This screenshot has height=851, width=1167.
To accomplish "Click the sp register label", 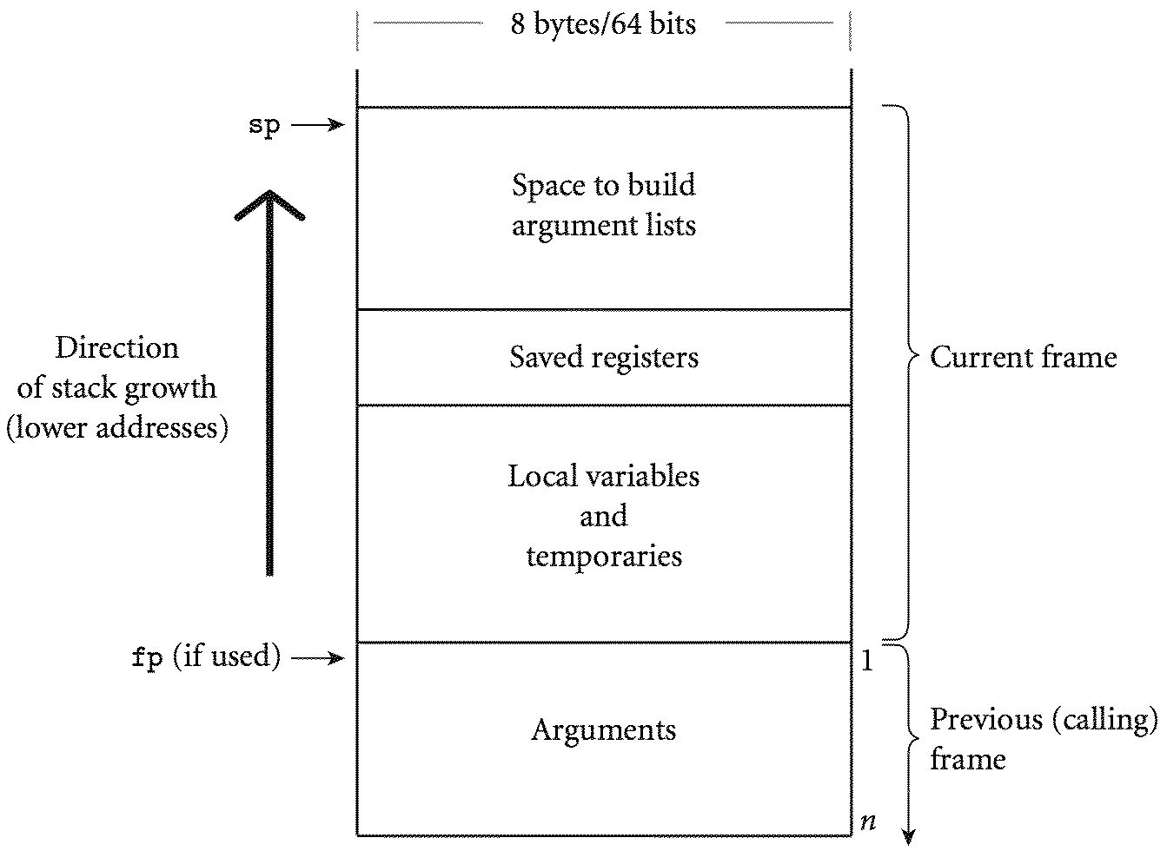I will coord(264,126).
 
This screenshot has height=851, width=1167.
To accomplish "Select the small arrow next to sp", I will coord(318,126).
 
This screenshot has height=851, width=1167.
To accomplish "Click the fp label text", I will coord(148,658).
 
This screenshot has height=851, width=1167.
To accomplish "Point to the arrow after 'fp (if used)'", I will coord(318,658).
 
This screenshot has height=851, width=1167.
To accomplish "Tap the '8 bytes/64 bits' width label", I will coord(603,23).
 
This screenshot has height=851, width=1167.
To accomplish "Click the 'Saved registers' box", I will coord(604,357).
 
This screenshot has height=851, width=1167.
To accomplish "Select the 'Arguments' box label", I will coord(604,729).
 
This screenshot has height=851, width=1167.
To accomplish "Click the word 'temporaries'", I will coord(604,556).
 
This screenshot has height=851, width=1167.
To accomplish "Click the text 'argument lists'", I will coord(604,226).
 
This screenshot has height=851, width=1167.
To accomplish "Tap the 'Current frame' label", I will coord(1023,357).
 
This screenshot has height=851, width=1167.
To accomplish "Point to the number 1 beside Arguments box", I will coord(866,662).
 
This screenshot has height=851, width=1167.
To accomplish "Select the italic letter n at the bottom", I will coord(866,821).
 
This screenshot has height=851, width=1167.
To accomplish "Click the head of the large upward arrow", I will coord(269,202).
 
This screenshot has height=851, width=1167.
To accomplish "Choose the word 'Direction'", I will coord(116,347).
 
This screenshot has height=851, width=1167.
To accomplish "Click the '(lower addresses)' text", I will coord(116,427).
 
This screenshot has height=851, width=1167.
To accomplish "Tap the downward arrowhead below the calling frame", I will coord(909,837).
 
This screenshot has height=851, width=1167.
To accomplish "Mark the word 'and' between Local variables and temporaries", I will coord(603,516).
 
